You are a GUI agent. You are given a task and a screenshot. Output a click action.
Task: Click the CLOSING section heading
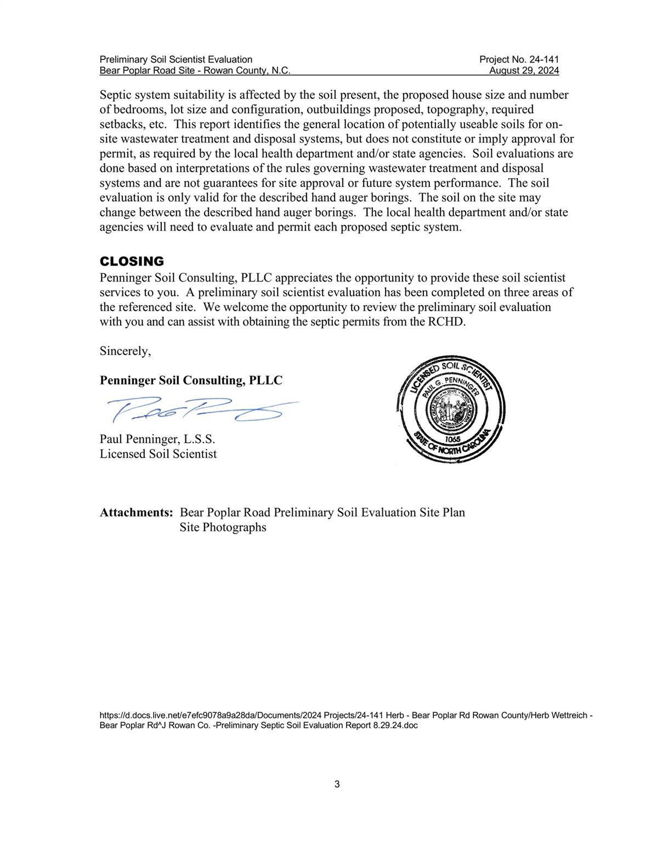coord(132,261)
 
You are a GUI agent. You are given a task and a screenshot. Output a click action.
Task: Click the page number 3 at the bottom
coord(337,784)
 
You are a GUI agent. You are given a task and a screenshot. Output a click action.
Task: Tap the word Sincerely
coord(125,351)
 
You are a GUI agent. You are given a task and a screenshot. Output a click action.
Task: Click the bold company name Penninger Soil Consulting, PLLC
coord(191,380)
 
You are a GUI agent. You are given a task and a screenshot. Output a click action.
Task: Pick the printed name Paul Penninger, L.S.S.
coord(157,439)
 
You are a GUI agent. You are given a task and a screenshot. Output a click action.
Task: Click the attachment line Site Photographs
coord(223,527)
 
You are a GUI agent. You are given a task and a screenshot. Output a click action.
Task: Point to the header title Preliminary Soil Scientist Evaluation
coord(176,59)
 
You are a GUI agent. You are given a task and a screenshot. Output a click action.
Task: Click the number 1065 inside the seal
coord(452,439)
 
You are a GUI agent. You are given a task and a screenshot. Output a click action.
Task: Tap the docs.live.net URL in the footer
coord(346,715)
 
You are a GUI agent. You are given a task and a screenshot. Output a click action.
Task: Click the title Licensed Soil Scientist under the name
coord(158,454)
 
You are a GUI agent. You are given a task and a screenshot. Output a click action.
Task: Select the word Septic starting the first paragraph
coord(116,95)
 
